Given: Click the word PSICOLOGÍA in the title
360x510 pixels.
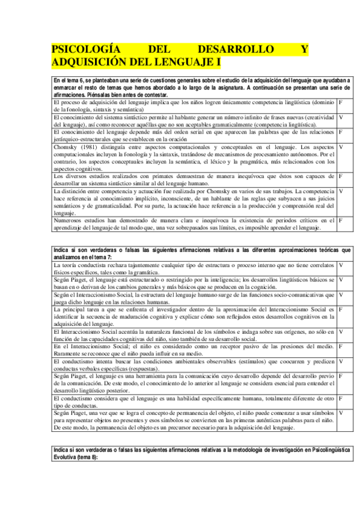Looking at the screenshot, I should click(82, 50).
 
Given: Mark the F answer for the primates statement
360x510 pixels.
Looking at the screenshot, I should click(341, 176).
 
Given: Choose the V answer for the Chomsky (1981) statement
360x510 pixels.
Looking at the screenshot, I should click(341, 147).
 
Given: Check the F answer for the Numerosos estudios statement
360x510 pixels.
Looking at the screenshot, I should click(341, 220).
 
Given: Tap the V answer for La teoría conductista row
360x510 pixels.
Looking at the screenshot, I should click(341, 265).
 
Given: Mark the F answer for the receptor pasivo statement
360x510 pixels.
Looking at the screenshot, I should click(341, 346).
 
